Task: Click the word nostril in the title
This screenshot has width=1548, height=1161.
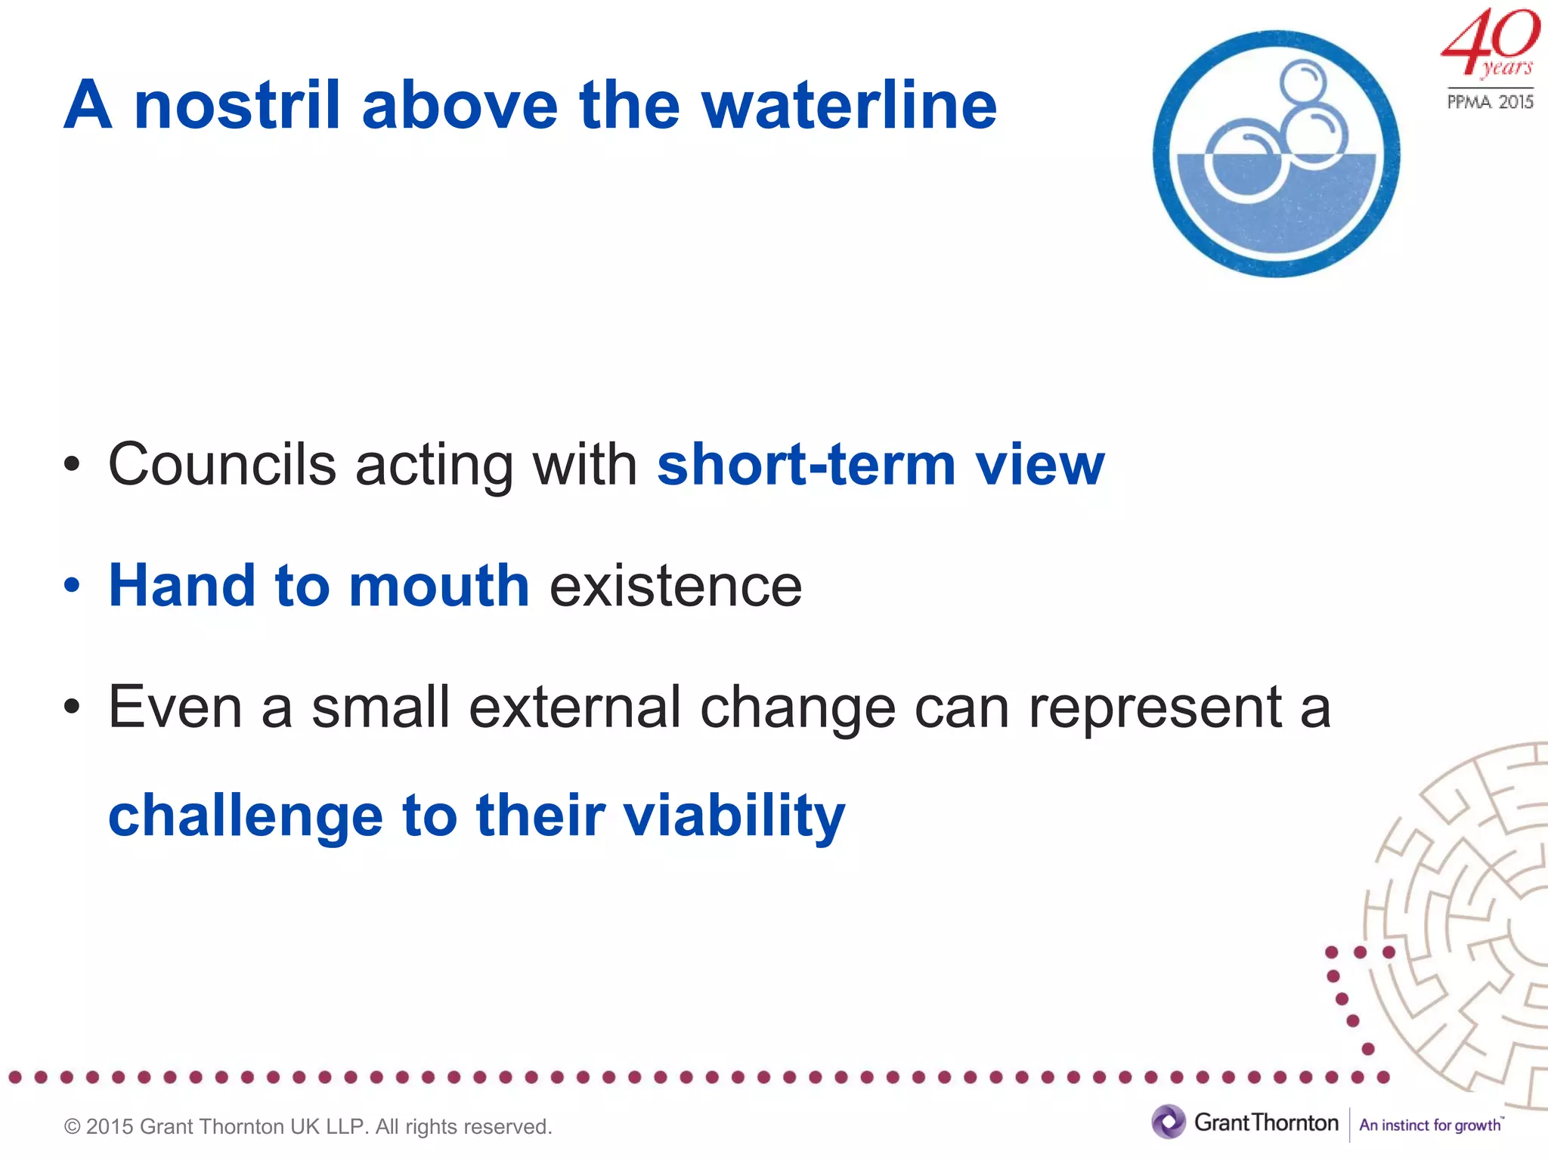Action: coord(237,105)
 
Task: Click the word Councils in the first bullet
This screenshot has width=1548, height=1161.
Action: coord(222,464)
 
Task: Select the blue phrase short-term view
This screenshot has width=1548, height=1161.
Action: coord(881,464)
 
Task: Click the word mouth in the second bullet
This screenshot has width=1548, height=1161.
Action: coord(438,586)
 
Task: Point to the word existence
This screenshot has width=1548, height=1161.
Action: coord(675,587)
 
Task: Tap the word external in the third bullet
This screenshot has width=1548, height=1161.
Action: coord(574,707)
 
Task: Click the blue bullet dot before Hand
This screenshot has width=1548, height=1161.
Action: coord(72,586)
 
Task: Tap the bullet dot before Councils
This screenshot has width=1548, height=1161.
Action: coord(72,465)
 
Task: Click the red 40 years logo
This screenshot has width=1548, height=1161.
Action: coord(1489,42)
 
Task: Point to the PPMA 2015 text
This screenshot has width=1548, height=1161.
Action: coord(1490,101)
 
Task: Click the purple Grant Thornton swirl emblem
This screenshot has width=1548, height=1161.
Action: coord(1169,1122)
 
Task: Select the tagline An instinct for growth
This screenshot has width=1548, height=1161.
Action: coord(1430,1125)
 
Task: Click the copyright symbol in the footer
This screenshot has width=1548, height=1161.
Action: coord(73,1127)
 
